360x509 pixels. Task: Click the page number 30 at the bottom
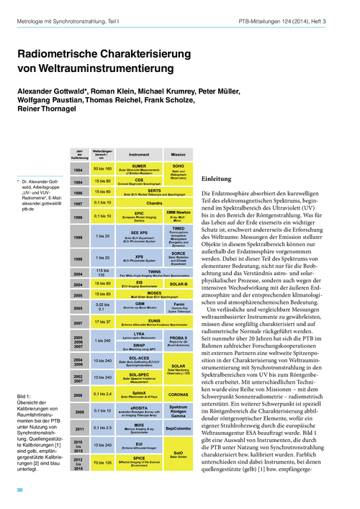coord(19,490)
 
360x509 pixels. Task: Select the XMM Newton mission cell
coord(178,216)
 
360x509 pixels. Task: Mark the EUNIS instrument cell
coord(139,322)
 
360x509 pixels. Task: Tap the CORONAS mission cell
coord(178,395)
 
